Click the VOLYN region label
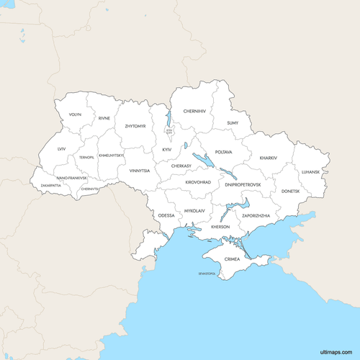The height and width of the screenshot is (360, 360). (76, 114)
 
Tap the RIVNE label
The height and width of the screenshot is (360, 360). (104, 117)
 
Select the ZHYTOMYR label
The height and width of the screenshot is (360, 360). (135, 126)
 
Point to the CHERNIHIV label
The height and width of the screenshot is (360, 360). (194, 111)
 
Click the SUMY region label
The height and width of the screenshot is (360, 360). (233, 123)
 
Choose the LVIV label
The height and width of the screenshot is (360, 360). (62, 148)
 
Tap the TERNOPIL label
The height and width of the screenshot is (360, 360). (87, 157)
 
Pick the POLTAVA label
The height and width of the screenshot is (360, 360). (224, 152)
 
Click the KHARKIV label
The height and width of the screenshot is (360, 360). (268, 158)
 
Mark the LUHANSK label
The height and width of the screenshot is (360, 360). (311, 171)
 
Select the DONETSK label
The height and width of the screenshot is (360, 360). (291, 191)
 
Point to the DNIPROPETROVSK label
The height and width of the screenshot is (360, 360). (243, 184)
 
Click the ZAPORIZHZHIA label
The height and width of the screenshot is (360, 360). (256, 215)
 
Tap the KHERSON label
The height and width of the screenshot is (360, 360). (220, 227)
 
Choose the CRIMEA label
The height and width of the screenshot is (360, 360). (232, 258)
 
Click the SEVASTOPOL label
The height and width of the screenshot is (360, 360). (207, 274)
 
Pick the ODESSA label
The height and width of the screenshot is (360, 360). (166, 215)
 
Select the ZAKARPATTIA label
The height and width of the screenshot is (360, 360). (51, 185)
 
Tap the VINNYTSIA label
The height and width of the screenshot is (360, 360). (140, 171)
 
